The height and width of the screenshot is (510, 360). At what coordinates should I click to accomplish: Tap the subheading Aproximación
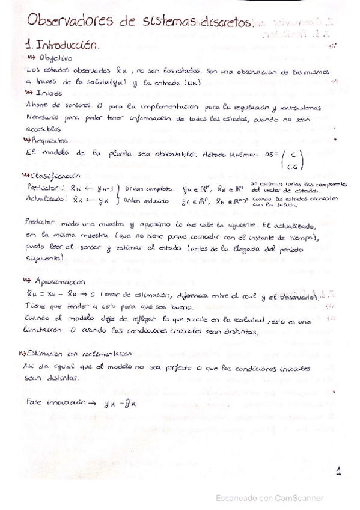[62, 280]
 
